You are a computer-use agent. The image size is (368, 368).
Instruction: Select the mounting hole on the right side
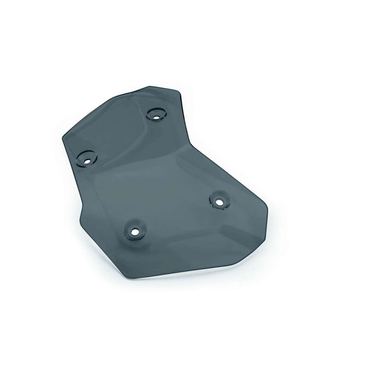tap(219, 202)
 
